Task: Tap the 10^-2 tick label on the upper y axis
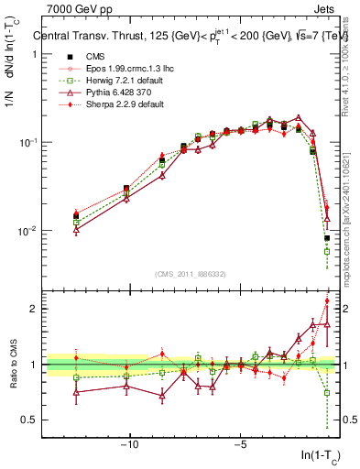(x=28, y=231)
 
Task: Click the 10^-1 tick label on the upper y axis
(x=28, y=143)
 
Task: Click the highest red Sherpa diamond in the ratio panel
(x=327, y=301)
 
